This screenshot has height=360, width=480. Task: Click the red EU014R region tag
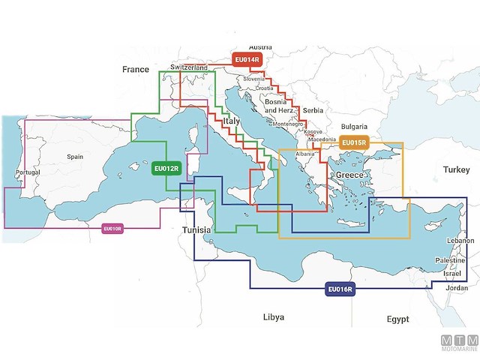[247, 60]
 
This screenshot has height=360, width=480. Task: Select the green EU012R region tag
[166, 169]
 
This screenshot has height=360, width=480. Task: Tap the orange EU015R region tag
[353, 143]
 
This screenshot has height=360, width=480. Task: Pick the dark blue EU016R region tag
[340, 289]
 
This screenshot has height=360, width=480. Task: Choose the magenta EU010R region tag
[112, 228]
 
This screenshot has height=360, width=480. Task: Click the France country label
[136, 69]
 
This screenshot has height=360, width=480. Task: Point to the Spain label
[75, 157]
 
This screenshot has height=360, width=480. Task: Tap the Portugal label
[27, 172]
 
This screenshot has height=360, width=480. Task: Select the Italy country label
[231, 121]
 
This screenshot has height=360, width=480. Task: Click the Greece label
[349, 175]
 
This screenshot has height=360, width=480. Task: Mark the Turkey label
[455, 170]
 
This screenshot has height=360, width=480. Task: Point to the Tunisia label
[197, 230]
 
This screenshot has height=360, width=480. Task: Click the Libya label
[274, 317]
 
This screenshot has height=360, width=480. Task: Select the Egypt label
[397, 319]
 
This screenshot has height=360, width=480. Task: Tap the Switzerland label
[189, 67]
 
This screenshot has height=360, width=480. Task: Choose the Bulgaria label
[354, 127]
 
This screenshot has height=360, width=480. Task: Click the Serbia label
[313, 110]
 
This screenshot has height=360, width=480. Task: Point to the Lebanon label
[460, 241]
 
